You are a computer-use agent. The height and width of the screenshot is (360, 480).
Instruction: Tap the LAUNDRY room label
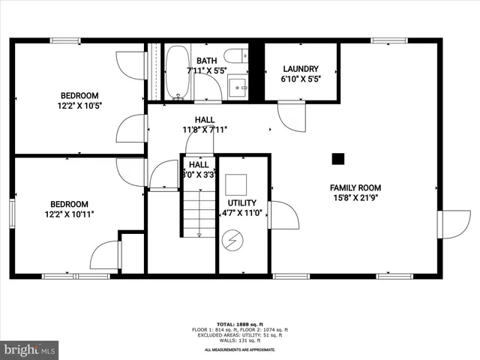(300, 68)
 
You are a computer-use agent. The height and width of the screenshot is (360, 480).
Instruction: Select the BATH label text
(206, 61)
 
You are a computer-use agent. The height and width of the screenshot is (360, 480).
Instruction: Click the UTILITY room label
(242, 202)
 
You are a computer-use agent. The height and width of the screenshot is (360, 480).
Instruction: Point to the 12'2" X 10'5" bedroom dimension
(80, 106)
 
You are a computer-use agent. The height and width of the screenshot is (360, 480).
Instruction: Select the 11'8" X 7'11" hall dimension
(205, 130)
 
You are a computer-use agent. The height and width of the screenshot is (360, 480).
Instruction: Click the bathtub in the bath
(178, 73)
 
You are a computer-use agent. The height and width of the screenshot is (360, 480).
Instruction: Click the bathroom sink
(239, 86)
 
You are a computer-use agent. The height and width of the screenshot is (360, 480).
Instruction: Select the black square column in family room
(338, 158)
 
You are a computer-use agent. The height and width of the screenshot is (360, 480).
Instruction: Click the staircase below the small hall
(199, 214)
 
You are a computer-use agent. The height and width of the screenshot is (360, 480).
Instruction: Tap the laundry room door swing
(291, 116)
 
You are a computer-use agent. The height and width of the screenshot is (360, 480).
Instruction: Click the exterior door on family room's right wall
(453, 223)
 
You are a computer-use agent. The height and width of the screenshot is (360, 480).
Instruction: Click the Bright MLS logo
(30, 349)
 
